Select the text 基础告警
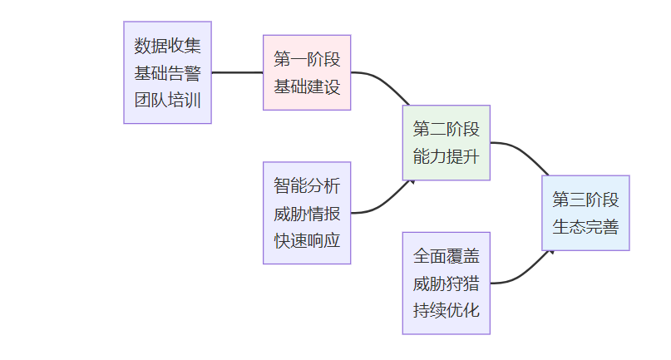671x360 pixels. (167, 72)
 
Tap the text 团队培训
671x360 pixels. (167, 100)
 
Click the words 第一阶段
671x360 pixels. (307, 59)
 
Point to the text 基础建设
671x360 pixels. (307, 86)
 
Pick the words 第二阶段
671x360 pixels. (447, 129)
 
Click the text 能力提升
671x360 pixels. (447, 156)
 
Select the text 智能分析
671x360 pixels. (307, 185)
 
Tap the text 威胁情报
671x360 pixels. (307, 213)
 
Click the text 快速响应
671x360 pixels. (307, 240)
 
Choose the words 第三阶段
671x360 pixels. (585, 200)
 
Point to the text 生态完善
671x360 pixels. (585, 227)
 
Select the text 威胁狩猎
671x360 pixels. (447, 283)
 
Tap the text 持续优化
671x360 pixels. (447, 310)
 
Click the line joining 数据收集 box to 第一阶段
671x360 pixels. (237, 72)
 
